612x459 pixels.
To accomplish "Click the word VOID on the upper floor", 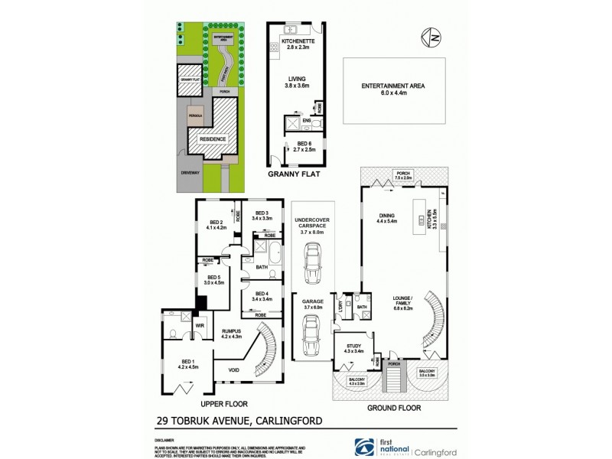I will (x=234, y=373).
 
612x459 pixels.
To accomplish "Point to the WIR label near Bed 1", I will (x=200, y=326).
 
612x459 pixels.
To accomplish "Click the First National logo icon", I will (x=359, y=446).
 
